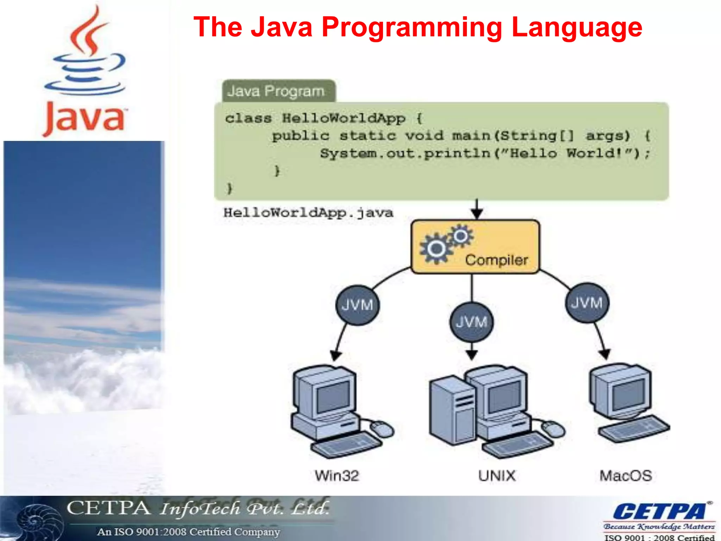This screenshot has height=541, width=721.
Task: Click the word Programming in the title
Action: [412, 27]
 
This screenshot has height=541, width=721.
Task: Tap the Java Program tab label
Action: [276, 91]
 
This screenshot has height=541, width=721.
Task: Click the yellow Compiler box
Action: [475, 247]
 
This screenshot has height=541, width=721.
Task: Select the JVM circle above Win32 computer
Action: [357, 305]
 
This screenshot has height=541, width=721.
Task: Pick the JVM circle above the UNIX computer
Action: [471, 322]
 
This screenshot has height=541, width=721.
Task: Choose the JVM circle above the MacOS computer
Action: [587, 303]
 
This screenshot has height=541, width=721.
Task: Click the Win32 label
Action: [337, 475]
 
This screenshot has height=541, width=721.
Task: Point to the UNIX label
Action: [496, 475]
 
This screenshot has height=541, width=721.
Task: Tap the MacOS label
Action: [626, 475]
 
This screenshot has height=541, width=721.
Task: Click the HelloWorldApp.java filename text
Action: [308, 213]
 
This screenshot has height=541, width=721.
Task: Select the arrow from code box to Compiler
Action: [477, 209]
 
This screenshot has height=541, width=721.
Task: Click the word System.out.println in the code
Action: [405, 154]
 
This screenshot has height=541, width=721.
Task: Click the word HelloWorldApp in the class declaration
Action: [344, 118]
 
